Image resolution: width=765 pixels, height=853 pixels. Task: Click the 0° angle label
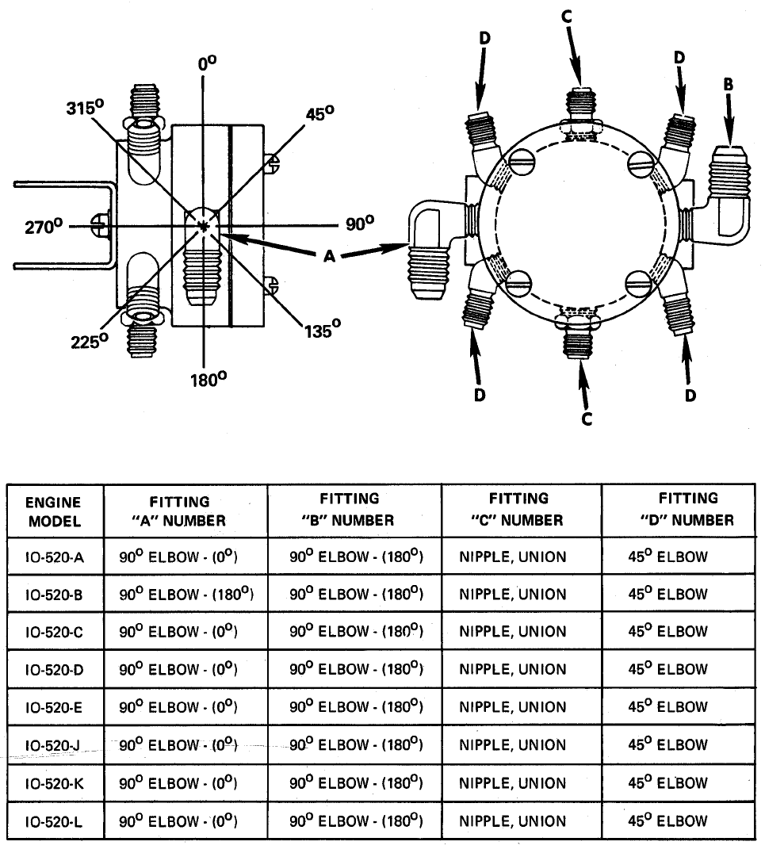click(x=207, y=63)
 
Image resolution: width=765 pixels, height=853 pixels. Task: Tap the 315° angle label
click(x=85, y=107)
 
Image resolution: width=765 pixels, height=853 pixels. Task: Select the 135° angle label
click(x=322, y=329)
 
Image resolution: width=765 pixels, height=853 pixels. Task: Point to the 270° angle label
click(x=44, y=226)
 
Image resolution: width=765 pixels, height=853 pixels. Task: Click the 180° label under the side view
click(x=208, y=379)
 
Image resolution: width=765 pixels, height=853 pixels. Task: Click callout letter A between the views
click(x=329, y=256)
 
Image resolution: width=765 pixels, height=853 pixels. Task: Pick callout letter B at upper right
click(x=728, y=84)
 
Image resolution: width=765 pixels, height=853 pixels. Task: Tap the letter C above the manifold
click(x=566, y=17)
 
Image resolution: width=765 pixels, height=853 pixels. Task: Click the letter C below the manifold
click(x=587, y=419)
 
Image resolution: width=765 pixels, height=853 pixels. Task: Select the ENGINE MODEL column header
click(x=55, y=511)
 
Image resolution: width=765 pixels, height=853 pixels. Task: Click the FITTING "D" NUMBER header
click(x=687, y=509)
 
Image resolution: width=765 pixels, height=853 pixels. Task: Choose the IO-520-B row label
click(x=54, y=595)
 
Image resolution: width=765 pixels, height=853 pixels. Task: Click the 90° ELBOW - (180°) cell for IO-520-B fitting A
click(x=186, y=594)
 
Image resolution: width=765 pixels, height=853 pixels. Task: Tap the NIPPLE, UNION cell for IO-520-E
click(x=513, y=707)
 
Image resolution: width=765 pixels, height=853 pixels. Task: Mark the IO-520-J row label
click(x=54, y=745)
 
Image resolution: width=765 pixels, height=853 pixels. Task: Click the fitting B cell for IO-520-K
click(x=357, y=782)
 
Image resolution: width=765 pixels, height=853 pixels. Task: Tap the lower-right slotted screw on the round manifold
click(x=639, y=283)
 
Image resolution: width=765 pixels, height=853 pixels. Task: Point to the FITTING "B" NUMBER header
click(x=348, y=509)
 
